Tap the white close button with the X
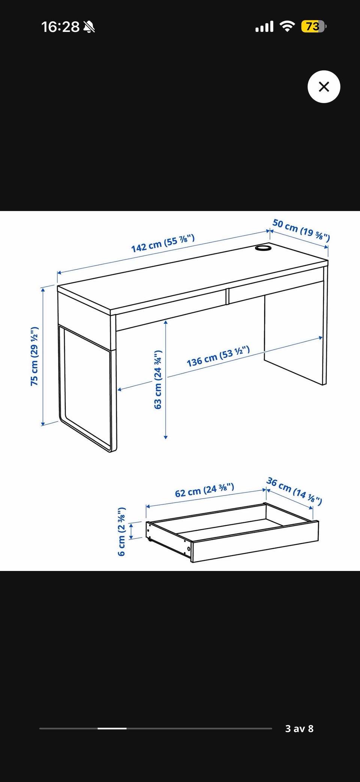324,87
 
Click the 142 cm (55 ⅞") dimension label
163,243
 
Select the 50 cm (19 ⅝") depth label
301,230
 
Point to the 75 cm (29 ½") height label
34,356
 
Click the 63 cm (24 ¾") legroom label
158,379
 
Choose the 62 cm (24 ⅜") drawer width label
204,490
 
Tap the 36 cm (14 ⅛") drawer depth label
294,491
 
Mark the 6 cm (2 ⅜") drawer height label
121,532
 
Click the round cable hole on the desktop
264,248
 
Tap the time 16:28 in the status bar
60,27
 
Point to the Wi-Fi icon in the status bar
287,26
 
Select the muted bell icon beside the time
89,27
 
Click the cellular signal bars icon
264,27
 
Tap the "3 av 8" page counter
299,728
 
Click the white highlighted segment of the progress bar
112,728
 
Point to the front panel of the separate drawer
255,542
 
